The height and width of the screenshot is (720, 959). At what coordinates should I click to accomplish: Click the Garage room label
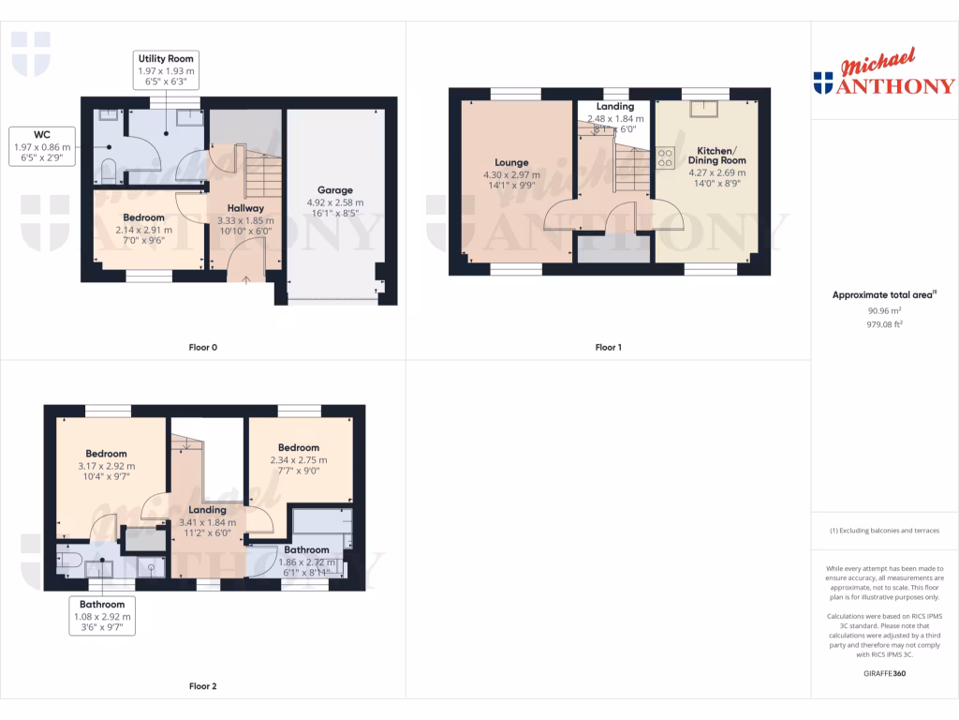click(x=334, y=189)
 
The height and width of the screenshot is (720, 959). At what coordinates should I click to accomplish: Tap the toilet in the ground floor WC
click(x=108, y=171)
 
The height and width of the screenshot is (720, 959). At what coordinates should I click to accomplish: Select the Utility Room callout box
click(x=166, y=70)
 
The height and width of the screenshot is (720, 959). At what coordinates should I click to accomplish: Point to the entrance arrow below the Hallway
click(x=245, y=278)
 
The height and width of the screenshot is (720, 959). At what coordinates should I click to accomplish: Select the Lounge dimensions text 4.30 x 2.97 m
click(x=511, y=174)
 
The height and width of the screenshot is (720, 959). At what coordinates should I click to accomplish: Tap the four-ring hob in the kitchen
click(x=667, y=157)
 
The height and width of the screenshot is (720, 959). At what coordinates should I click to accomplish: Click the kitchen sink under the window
click(x=701, y=109)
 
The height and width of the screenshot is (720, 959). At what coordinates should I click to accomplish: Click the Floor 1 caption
click(x=608, y=347)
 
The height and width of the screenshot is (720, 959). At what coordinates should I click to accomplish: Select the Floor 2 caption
click(x=202, y=686)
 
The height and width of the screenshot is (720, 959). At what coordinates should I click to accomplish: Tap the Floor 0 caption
click(x=202, y=347)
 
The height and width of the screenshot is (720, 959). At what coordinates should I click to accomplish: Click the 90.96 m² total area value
click(x=884, y=310)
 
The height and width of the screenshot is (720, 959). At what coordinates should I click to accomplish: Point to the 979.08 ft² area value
click(x=884, y=324)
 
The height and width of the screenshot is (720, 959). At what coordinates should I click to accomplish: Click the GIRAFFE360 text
click(x=884, y=673)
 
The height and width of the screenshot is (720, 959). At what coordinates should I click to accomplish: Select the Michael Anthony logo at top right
click(x=884, y=75)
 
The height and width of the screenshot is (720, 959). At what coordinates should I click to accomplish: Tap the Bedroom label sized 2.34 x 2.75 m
click(x=299, y=448)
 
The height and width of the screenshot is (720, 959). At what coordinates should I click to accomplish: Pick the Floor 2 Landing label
click(x=208, y=510)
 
